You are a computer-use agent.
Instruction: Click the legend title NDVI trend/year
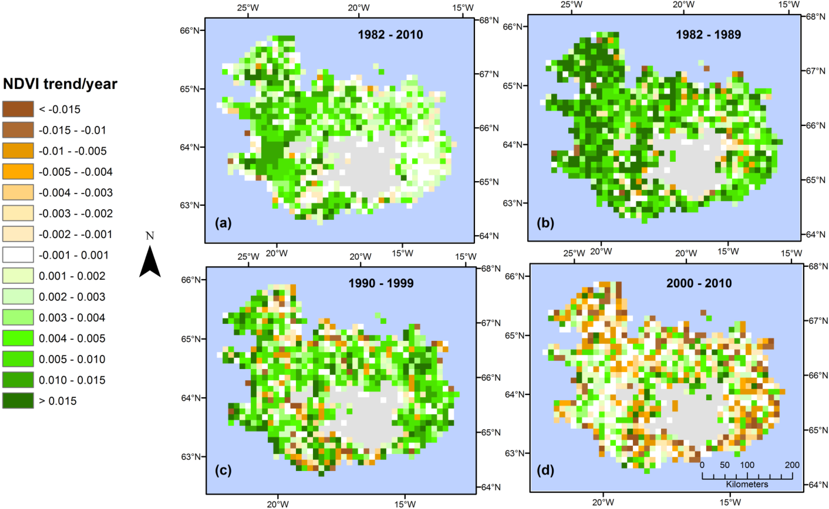click(60, 84)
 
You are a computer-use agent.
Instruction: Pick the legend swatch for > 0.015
click(18, 401)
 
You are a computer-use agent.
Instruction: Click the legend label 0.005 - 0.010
click(72, 359)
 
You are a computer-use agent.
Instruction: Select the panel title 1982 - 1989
click(708, 35)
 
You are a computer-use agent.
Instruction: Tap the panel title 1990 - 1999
click(381, 283)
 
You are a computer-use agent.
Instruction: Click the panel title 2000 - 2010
click(699, 283)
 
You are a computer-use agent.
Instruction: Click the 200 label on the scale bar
click(792, 465)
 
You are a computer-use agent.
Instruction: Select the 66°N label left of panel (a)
click(190, 31)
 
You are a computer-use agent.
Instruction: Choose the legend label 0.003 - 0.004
click(72, 317)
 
